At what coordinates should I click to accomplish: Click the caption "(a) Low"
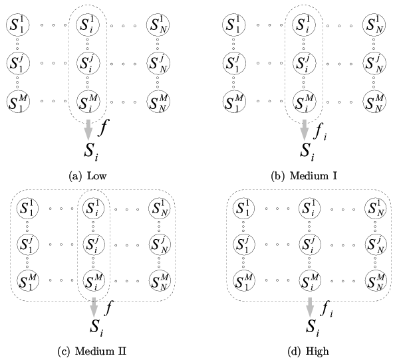click(86, 176)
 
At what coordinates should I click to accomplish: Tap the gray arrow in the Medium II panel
click(93, 306)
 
